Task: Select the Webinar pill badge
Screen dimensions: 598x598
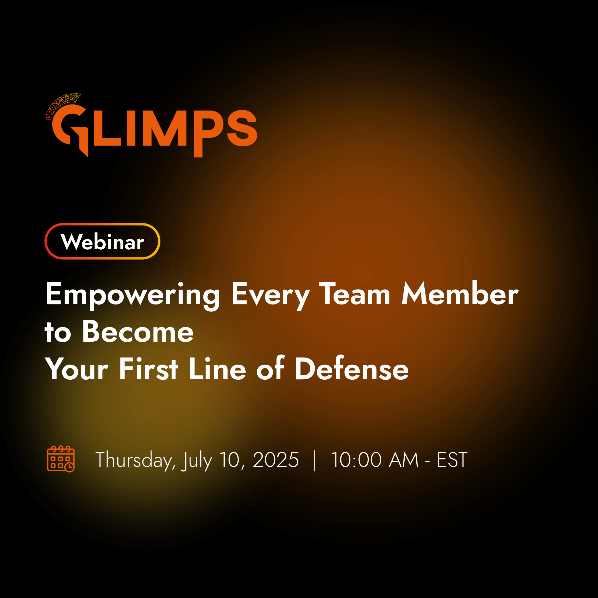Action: coord(102,241)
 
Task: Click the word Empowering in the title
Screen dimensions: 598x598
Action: coord(133,295)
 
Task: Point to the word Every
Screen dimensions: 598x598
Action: coord(271,295)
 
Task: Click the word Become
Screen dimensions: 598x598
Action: coord(138,331)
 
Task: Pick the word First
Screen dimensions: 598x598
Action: coord(149,368)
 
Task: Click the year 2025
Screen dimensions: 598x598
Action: coord(276,460)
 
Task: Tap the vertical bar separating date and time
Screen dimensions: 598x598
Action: coord(315,461)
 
